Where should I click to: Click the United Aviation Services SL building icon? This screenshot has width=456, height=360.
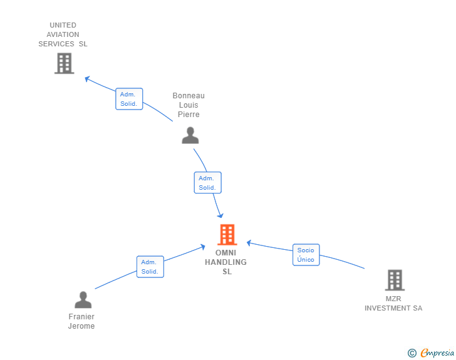tap(64, 63)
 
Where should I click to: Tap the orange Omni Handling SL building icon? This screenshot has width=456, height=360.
tap(227, 235)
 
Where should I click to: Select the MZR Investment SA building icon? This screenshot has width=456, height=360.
tap(394, 280)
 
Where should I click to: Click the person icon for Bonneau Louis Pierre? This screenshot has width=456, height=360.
tap(190, 135)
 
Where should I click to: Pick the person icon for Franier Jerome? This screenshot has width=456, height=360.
tap(83, 300)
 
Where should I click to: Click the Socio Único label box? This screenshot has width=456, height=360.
tap(306, 255)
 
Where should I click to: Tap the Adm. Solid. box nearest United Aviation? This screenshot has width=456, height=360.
tap(129, 99)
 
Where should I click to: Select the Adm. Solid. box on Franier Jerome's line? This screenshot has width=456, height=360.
tap(150, 267)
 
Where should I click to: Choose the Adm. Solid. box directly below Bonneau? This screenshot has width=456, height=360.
tap(207, 183)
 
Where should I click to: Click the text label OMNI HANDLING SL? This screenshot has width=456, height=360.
tap(226, 262)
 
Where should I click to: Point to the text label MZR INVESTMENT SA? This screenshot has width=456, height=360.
tap(393, 304)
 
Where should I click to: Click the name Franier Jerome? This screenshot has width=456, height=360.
tap(81, 321)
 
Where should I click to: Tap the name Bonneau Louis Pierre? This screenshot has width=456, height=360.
tap(189, 105)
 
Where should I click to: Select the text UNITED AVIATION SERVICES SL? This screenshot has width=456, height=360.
tap(63, 34)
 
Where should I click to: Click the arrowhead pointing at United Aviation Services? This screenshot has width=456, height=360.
tap(87, 79)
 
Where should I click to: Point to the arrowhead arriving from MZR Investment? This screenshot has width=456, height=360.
tap(249, 242)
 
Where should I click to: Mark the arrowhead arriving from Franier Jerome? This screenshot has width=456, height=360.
tap(202, 247)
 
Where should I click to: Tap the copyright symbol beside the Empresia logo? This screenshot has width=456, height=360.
tap(412, 353)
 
